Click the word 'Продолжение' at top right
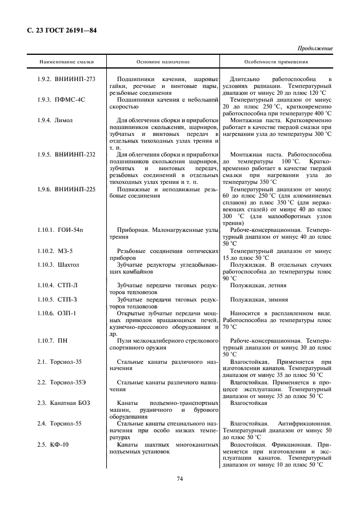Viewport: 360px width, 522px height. coord(314,49)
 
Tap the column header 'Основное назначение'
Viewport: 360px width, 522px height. coord(163,61)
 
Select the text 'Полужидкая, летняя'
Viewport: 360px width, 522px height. coord(258,284)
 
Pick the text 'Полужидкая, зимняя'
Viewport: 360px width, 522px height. coord(259,299)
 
